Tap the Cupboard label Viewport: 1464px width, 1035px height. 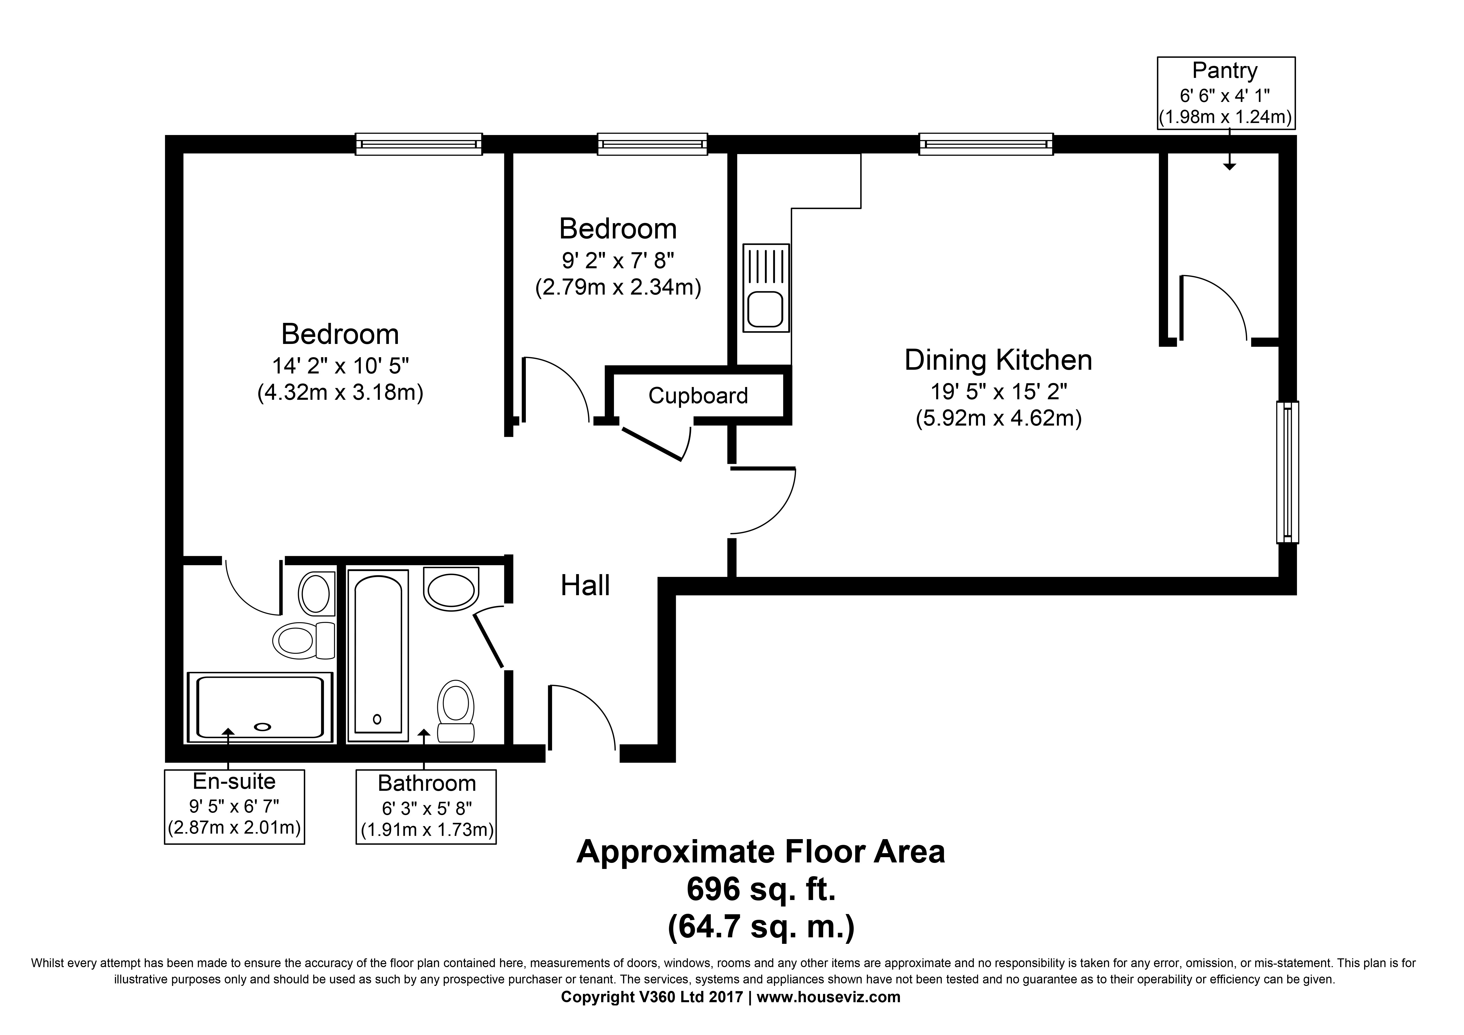click(x=698, y=396)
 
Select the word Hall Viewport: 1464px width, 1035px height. click(x=585, y=585)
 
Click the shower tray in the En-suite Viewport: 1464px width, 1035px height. click(x=260, y=707)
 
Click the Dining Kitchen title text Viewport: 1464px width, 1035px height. click(x=999, y=360)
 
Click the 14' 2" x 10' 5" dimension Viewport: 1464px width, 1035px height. click(x=341, y=366)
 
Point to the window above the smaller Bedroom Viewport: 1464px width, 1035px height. click(x=652, y=144)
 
